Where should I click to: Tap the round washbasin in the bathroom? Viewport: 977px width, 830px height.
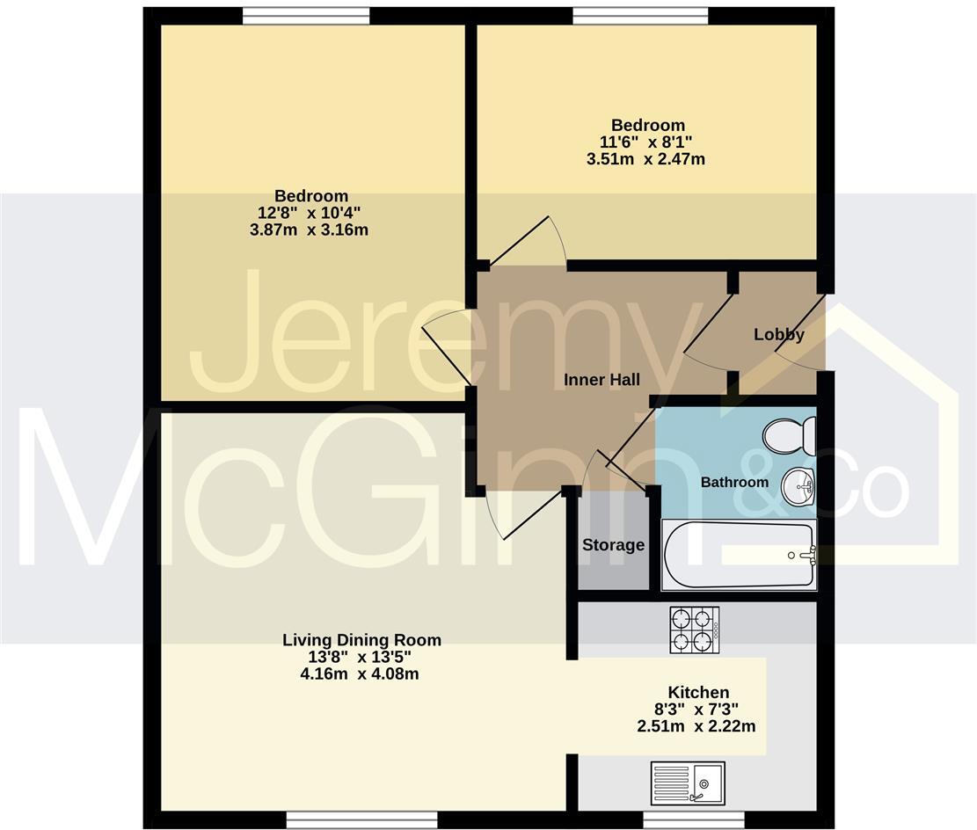pos(801,483)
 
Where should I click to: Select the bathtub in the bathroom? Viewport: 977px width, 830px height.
pos(739,555)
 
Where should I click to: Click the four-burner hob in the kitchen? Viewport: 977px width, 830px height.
pos(694,630)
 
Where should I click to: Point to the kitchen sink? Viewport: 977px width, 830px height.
pos(688,782)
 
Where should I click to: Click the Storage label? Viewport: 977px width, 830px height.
pos(613,545)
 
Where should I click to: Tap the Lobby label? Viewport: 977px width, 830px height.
pos(778,335)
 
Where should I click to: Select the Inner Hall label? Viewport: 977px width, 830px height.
pos(602,380)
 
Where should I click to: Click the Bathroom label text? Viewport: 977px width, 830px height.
pos(734,482)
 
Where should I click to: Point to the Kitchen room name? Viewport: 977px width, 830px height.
pos(698,693)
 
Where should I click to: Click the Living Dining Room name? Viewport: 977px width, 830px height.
pos(361,640)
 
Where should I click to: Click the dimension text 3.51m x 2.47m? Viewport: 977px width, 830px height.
pos(646,159)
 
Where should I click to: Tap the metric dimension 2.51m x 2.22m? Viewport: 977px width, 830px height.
pos(696,726)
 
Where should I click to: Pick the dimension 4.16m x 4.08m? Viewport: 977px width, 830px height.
pos(361,674)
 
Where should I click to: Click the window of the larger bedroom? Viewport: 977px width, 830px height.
pos(306,15)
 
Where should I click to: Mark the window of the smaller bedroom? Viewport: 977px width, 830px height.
pos(640,15)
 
